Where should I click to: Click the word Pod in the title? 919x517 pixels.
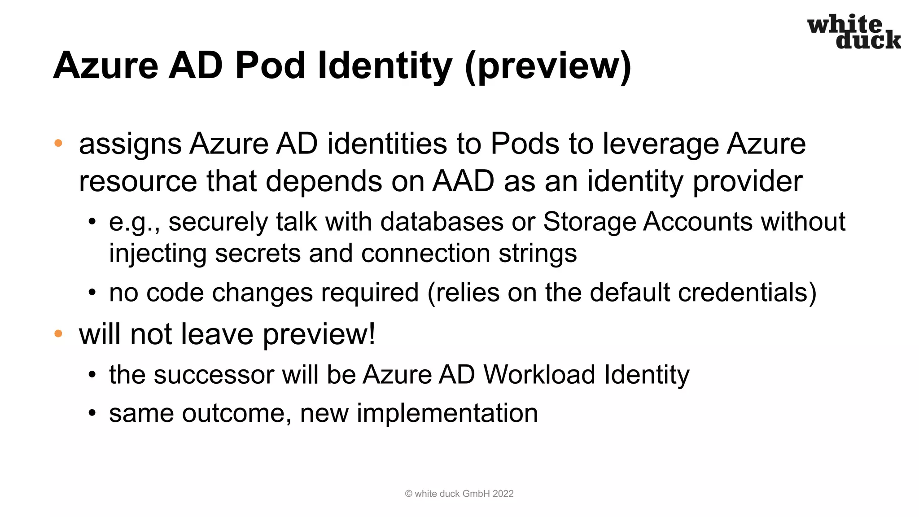[x=270, y=66]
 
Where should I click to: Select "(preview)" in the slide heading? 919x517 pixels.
[x=548, y=66]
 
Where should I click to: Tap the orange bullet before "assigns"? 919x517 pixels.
[x=58, y=144]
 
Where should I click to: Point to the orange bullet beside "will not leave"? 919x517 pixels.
[x=58, y=333]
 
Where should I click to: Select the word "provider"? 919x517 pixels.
[x=748, y=182]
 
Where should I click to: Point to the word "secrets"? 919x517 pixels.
[x=258, y=253]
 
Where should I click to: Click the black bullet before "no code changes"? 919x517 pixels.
[x=92, y=293]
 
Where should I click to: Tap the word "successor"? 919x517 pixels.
[x=213, y=375]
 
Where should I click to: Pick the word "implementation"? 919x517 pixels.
[x=447, y=413]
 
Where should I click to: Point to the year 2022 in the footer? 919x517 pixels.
[x=503, y=494]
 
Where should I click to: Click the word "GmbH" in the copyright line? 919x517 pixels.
[x=476, y=494]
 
